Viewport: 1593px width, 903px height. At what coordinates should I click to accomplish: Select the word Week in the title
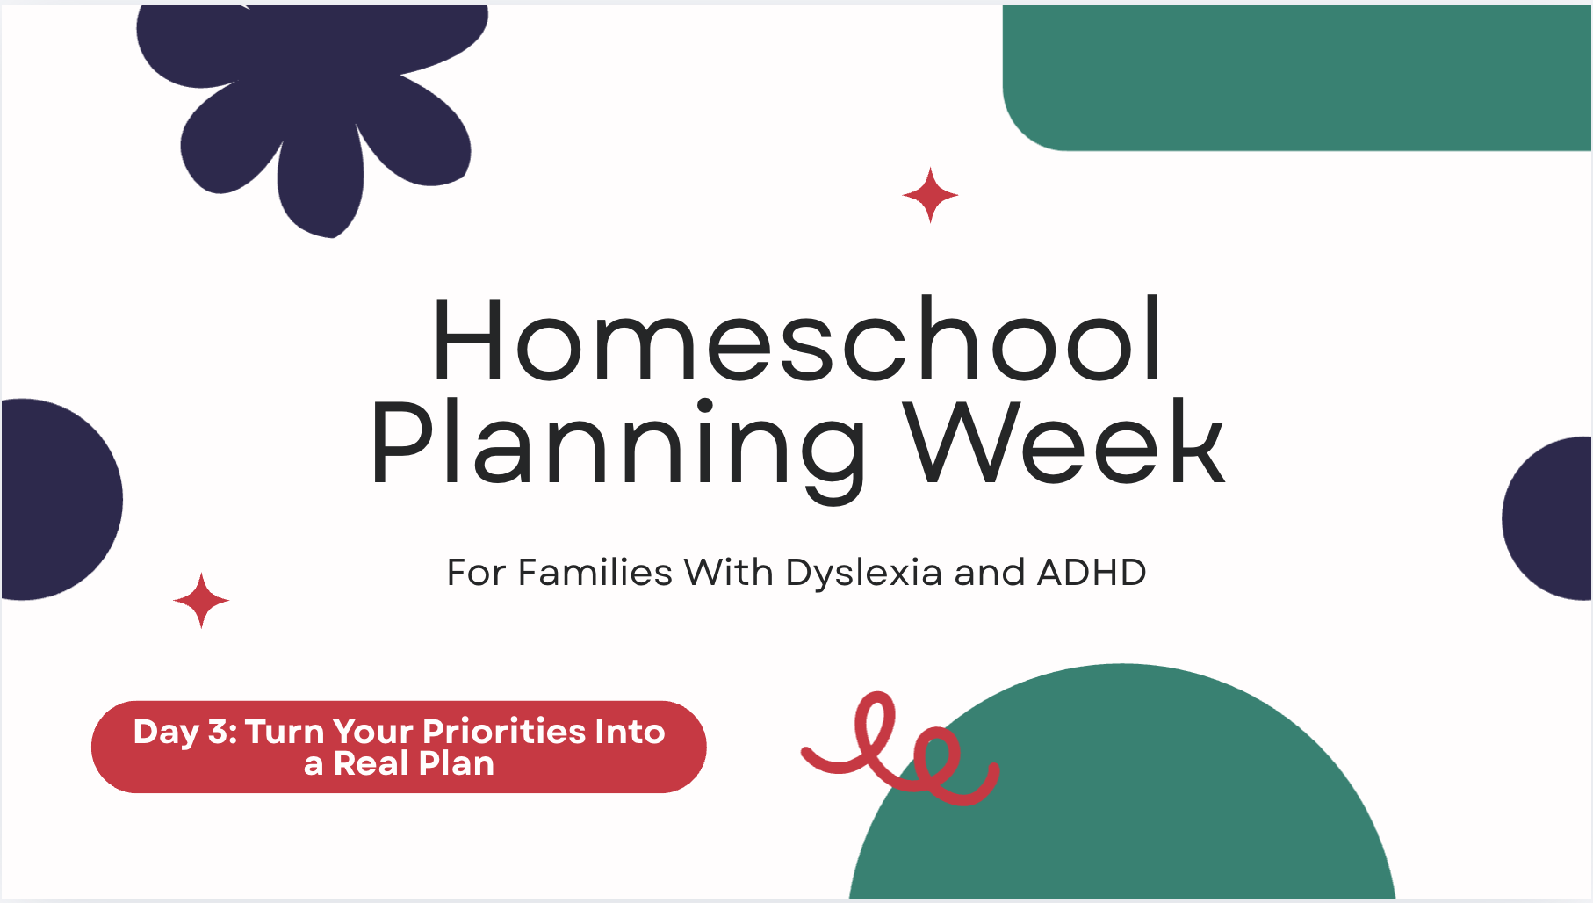[x=1064, y=441]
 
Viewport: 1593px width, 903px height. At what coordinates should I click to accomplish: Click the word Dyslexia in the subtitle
[x=864, y=573]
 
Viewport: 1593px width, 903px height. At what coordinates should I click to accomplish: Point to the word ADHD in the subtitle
[x=1092, y=573]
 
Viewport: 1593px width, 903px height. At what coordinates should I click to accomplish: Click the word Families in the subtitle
[x=595, y=573]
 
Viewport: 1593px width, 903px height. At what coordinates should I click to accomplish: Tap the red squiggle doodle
[x=901, y=748]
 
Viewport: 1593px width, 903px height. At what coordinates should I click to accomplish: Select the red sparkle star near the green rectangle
[x=930, y=195]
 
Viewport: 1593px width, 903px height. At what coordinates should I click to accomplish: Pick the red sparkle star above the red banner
[x=201, y=601]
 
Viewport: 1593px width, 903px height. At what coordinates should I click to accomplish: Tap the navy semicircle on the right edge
[x=1547, y=518]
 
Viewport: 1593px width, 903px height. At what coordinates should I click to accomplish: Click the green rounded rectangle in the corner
[x=1297, y=77]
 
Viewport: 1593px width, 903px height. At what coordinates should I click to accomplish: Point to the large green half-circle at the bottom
[x=1122, y=791]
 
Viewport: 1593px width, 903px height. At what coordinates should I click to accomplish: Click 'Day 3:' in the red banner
[x=185, y=732]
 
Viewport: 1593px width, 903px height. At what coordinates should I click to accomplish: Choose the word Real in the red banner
[x=372, y=763]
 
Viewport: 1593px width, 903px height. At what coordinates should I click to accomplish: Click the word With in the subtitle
[x=729, y=573]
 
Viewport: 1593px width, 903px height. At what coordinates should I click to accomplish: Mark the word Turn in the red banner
[x=284, y=731]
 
